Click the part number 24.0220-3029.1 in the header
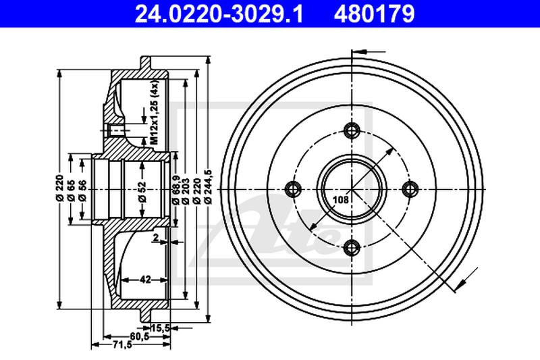pyautogui.click(x=219, y=14)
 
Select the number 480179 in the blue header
pyautogui.click(x=374, y=14)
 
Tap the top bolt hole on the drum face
pyautogui.click(x=352, y=130)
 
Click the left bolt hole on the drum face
pyautogui.click(x=294, y=189)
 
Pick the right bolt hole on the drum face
pyautogui.click(x=410, y=189)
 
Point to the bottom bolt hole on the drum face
pyautogui.click(x=352, y=248)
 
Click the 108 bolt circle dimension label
pyautogui.click(x=341, y=199)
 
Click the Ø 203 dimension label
pyautogui.click(x=187, y=190)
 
